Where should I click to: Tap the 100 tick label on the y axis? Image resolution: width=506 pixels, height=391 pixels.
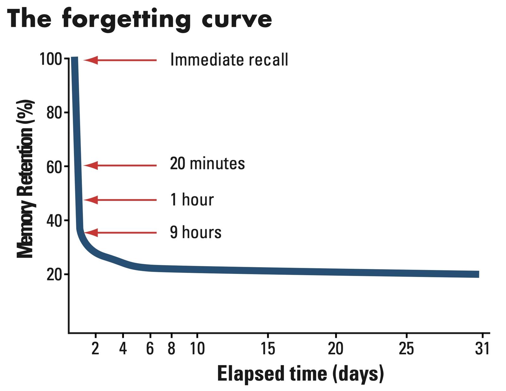(51, 59)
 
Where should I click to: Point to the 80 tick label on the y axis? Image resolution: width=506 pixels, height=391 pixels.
(54, 113)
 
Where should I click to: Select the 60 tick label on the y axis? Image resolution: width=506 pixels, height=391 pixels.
(54, 167)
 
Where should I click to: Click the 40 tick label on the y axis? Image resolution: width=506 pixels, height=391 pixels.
(54, 221)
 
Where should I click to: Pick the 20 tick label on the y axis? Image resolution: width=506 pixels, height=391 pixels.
(54, 274)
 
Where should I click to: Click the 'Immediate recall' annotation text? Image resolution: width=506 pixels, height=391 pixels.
(229, 60)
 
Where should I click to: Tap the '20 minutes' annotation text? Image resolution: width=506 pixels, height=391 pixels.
(207, 164)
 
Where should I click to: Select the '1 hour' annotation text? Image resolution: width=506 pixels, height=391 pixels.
(192, 200)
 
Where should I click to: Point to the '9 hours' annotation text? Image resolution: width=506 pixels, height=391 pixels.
(195, 232)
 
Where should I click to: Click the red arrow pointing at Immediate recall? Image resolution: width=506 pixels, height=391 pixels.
(120, 60)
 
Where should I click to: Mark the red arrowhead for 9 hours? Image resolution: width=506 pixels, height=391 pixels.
(91, 233)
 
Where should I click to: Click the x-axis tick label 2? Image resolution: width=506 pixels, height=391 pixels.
(95, 349)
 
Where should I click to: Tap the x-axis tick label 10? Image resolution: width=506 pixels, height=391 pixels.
(197, 349)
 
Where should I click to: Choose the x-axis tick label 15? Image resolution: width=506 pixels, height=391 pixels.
(268, 349)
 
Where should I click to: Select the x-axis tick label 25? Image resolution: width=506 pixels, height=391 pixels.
(406, 349)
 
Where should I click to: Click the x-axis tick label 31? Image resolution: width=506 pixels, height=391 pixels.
(482, 349)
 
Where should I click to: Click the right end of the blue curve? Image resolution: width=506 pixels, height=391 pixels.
(478, 274)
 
